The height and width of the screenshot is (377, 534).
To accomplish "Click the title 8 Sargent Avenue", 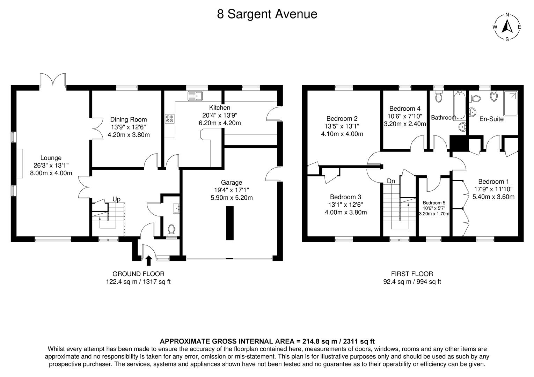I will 267,14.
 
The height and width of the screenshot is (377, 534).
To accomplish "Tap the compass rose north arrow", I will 507,27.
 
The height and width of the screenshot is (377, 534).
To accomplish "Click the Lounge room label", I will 51,158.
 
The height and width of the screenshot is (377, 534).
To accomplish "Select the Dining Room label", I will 129,120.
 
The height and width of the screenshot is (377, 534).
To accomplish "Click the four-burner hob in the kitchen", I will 170,119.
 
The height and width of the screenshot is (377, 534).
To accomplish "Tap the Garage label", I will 231,183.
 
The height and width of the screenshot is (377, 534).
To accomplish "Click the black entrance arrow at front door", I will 148,260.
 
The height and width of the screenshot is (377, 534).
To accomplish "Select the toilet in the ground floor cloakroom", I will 171,230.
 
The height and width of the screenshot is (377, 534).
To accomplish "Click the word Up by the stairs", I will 116,199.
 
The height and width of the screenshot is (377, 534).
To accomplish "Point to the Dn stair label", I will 391,181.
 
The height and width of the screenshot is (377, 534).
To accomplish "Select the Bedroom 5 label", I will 434,203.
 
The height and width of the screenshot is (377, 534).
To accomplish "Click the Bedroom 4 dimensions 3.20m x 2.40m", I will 405,124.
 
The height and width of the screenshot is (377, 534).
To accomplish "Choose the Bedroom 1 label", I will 493,182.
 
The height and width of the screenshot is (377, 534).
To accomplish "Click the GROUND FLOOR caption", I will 138,274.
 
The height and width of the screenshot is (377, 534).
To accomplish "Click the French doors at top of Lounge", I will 53,80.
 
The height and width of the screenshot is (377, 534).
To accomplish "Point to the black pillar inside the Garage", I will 229,223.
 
